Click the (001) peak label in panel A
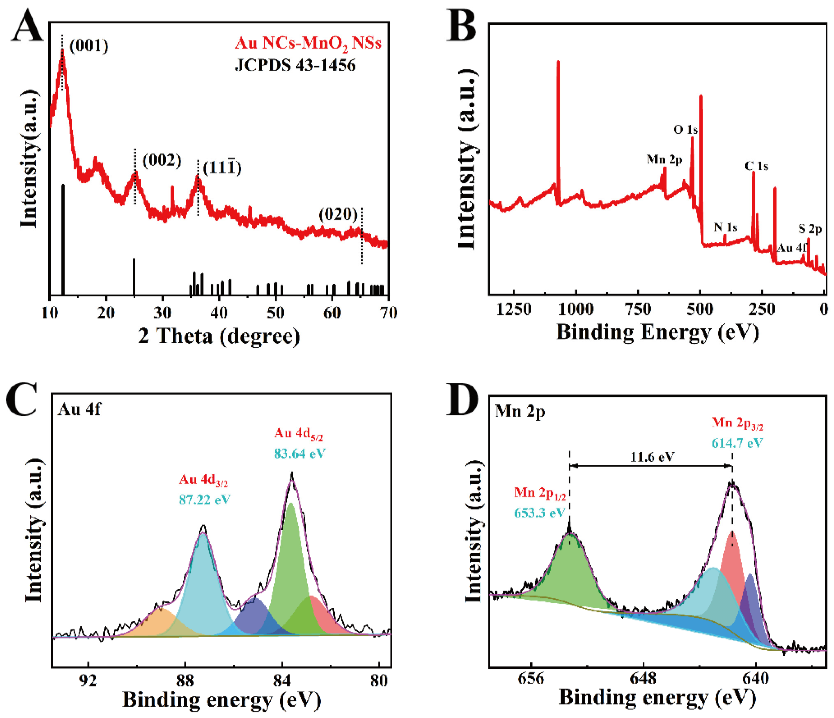pos(89,46)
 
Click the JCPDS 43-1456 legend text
pos(295,65)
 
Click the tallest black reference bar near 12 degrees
pos(63,240)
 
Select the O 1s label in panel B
pos(685,129)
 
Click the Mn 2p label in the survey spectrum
pos(665,160)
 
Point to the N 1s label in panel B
pos(725,228)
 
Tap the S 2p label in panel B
pos(810,229)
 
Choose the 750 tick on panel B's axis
pos(638,309)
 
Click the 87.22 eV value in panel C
pos(204,500)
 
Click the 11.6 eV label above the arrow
pos(652,457)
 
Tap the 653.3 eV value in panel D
pos(539,513)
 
